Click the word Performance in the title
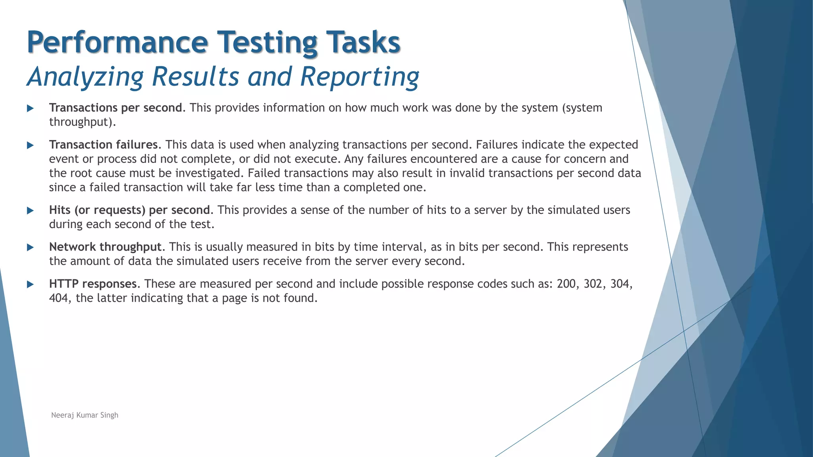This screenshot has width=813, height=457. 117,42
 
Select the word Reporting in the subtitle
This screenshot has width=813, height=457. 359,76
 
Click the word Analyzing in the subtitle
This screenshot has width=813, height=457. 85,76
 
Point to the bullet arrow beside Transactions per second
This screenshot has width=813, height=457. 30,108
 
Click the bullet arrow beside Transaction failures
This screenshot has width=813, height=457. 30,145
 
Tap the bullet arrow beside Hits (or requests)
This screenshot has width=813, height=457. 30,211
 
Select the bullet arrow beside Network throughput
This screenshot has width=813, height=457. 30,248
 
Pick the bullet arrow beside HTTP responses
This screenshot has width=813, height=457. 30,284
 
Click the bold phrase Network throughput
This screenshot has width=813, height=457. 105,247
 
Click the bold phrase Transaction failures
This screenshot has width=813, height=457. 103,145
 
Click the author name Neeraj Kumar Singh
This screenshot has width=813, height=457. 85,415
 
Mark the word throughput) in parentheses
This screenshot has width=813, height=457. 82,122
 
